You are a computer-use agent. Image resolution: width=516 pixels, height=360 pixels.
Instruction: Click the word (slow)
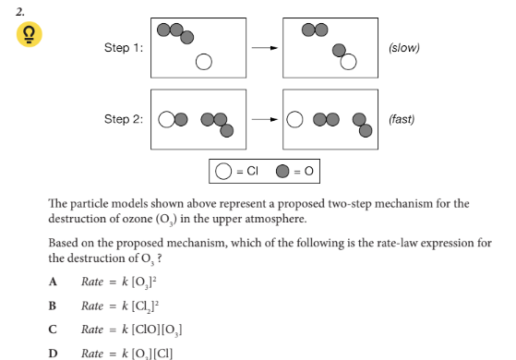[403, 47]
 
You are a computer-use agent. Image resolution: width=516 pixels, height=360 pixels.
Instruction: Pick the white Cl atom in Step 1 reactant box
[204, 63]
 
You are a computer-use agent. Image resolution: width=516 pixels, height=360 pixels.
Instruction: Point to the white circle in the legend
[222, 171]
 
